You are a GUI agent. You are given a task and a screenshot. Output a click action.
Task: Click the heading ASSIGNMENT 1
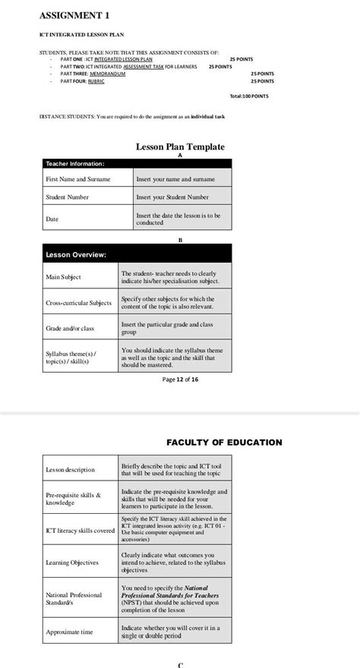tap(74, 15)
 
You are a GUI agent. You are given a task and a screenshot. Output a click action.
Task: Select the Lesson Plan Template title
tap(180, 147)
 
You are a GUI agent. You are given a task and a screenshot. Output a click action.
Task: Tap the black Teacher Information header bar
tap(136, 163)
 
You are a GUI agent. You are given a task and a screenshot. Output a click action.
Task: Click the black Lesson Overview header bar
tap(136, 254)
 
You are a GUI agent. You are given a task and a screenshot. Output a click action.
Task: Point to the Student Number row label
tap(67, 197)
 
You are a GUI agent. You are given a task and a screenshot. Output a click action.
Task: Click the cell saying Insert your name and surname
tap(175, 179)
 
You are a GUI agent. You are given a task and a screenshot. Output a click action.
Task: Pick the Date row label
tap(52, 219)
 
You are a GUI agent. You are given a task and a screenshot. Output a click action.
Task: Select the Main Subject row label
tap(63, 277)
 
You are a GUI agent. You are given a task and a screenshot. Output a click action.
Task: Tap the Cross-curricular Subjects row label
tap(78, 302)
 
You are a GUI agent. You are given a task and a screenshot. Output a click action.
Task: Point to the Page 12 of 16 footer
tap(181, 380)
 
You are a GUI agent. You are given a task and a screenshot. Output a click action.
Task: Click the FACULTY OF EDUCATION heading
tap(224, 443)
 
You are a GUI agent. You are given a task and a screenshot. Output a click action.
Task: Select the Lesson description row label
tap(70, 470)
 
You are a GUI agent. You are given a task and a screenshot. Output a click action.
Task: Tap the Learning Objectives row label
tap(72, 562)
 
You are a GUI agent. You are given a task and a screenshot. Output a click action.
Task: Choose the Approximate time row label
tap(69, 632)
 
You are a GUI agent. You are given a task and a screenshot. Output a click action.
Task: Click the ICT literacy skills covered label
tap(80, 531)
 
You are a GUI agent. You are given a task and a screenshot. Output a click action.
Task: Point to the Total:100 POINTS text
tap(248, 96)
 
